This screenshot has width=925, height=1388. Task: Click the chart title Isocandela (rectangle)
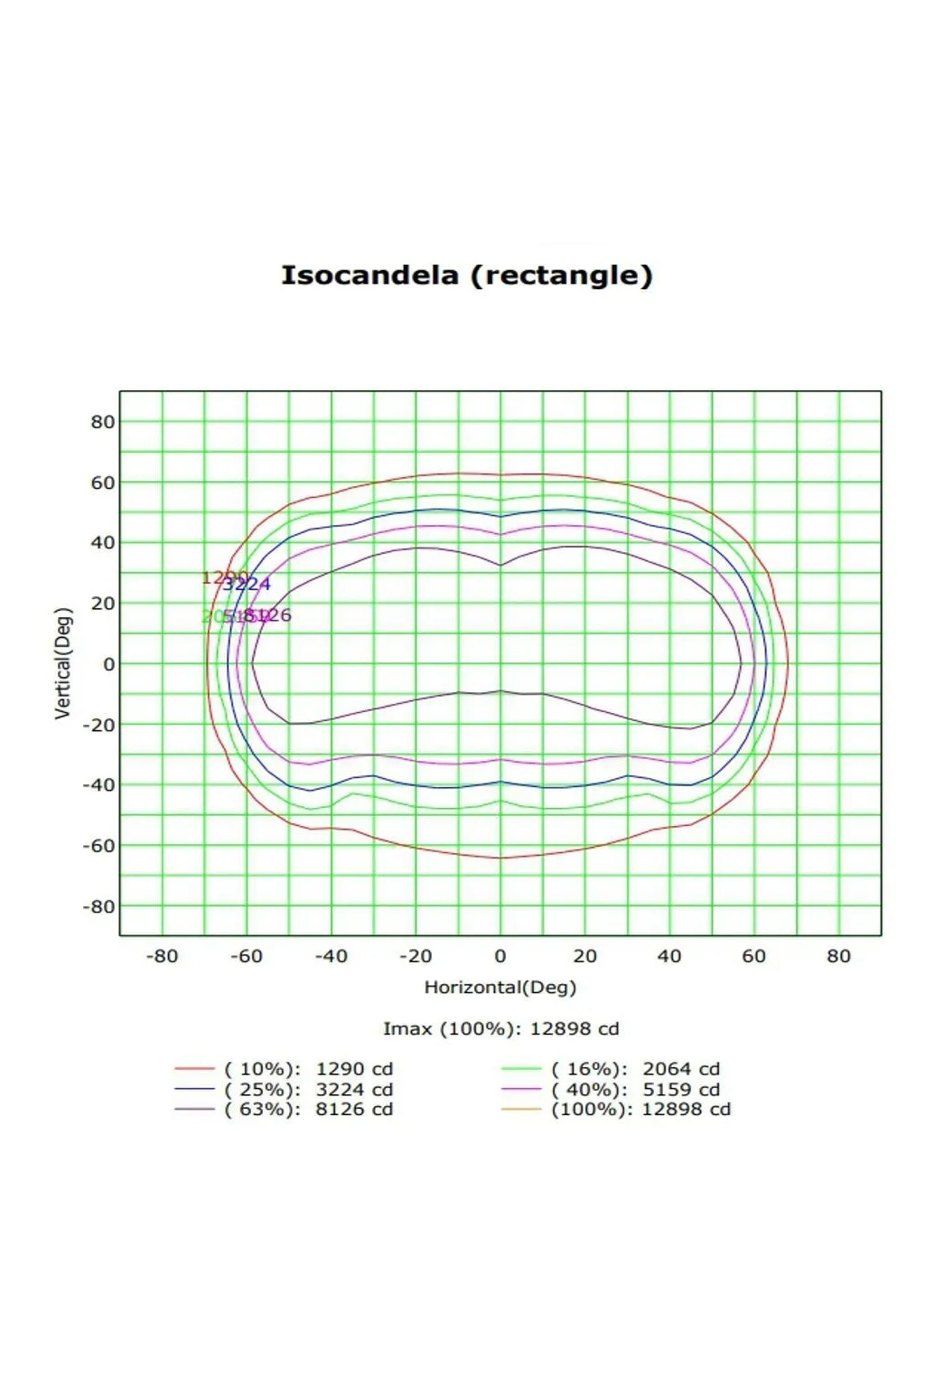coord(466,275)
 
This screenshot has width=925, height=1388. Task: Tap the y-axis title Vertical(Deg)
coord(62,663)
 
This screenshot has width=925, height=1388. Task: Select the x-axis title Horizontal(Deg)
coord(500,987)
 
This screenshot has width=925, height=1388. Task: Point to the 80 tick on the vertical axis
coord(103,422)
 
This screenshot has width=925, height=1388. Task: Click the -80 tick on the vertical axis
coord(99,906)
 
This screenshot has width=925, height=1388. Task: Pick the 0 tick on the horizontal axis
coord(500,956)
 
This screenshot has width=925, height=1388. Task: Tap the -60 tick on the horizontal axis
coord(246,956)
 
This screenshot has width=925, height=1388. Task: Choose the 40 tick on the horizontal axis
coord(669,956)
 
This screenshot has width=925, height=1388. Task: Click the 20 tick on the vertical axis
coord(103,604)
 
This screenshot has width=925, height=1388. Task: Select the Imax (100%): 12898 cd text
coord(500,1028)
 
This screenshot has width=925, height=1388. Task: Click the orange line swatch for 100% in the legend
coord(521,1110)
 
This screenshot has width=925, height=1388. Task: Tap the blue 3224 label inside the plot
coord(247,585)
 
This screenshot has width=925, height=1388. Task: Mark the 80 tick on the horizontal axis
coord(838,956)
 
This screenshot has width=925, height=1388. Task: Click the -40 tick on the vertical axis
coord(99,785)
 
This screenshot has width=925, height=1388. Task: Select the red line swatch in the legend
coord(194,1069)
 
